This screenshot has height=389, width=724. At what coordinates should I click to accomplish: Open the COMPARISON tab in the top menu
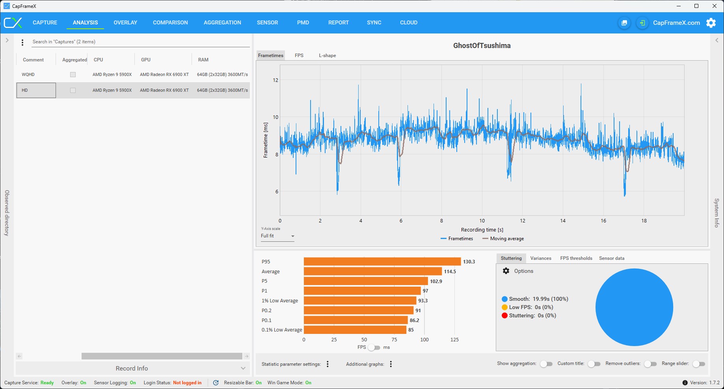170,22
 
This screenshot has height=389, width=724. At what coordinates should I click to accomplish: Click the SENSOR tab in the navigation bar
267,22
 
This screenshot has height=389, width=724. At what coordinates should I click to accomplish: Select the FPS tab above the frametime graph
299,56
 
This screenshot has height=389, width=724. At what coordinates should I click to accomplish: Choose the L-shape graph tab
328,56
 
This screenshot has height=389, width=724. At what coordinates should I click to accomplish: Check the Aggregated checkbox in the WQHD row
73,74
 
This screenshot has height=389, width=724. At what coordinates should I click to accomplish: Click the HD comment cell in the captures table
36,90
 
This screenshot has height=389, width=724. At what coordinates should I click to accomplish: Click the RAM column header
203,60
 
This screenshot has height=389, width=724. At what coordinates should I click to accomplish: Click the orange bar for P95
382,261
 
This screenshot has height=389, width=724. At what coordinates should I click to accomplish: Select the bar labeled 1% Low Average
360,300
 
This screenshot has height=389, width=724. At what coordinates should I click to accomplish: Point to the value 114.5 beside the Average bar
450,271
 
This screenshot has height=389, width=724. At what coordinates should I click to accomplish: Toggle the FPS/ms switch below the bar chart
374,347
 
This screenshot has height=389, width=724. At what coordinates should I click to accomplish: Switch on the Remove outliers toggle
650,364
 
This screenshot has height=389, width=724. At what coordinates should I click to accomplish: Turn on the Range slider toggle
699,364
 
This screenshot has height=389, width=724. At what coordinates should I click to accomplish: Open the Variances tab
541,258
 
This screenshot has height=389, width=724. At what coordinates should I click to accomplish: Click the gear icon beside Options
506,271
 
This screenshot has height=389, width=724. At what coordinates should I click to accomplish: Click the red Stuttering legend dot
504,315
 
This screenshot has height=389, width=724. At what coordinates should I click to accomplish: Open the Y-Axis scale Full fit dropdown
277,236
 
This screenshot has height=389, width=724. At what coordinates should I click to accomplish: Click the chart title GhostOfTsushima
482,46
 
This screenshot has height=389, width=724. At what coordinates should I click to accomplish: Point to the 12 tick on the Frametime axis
275,80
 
